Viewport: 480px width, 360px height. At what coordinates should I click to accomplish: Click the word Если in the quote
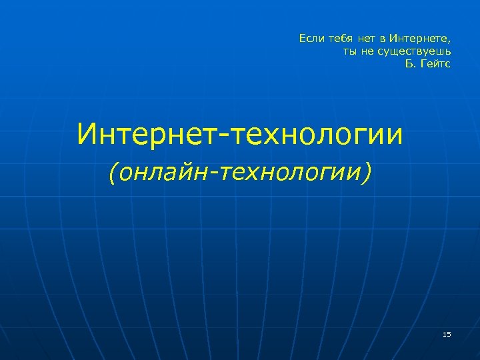(x=310, y=39)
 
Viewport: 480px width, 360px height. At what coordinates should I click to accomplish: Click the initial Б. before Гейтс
(x=409, y=64)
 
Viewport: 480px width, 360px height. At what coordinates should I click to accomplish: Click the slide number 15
(x=447, y=333)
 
